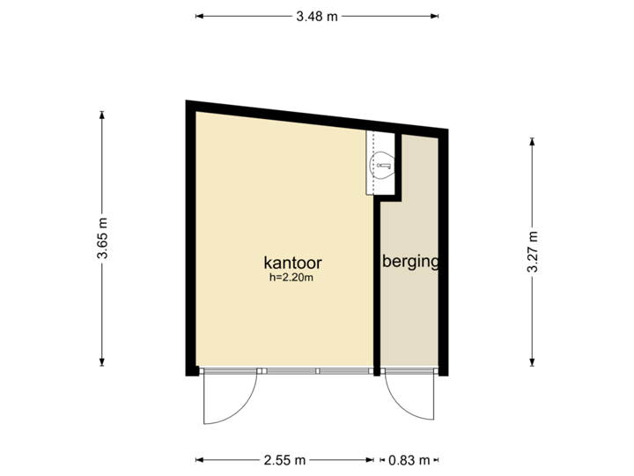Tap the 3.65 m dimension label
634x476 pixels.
click(x=103, y=238)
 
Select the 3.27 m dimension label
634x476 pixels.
click(x=532, y=252)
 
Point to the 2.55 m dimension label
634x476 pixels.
click(x=284, y=459)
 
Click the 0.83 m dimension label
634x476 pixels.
click(x=410, y=459)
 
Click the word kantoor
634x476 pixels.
click(x=292, y=263)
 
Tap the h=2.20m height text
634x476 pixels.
click(x=292, y=277)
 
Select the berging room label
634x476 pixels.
click(x=410, y=262)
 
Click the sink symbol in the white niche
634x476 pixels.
click(x=381, y=163)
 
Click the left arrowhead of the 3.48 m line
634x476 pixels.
click(x=197, y=16)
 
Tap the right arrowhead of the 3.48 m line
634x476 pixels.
click(x=437, y=16)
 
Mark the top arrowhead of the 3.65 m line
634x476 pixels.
click(x=103, y=113)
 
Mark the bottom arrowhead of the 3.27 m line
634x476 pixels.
click(x=532, y=361)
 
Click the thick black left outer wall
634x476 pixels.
click(x=190, y=238)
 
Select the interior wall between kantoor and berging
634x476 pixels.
click(x=376, y=282)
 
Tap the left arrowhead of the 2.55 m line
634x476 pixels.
click(x=197, y=459)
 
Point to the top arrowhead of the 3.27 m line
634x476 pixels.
click(x=532, y=139)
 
